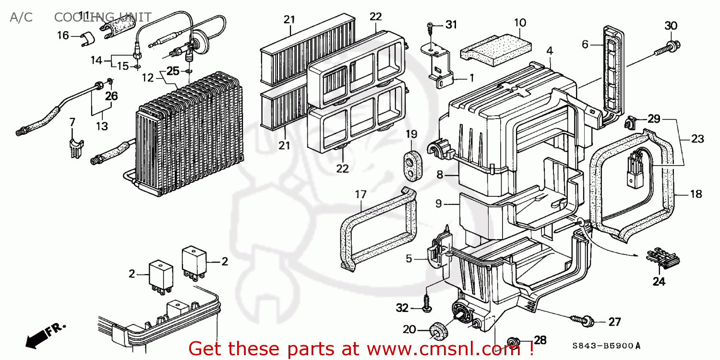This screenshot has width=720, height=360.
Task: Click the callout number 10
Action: (x=520, y=22)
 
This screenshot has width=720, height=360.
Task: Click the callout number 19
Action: (x=412, y=134)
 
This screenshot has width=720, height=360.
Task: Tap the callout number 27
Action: (x=614, y=322)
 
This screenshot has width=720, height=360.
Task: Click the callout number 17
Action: (x=360, y=194)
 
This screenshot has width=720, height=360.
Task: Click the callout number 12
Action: (x=147, y=77)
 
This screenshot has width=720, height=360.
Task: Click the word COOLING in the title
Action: (x=76, y=18)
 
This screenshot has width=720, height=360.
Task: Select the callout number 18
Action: (x=695, y=194)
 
